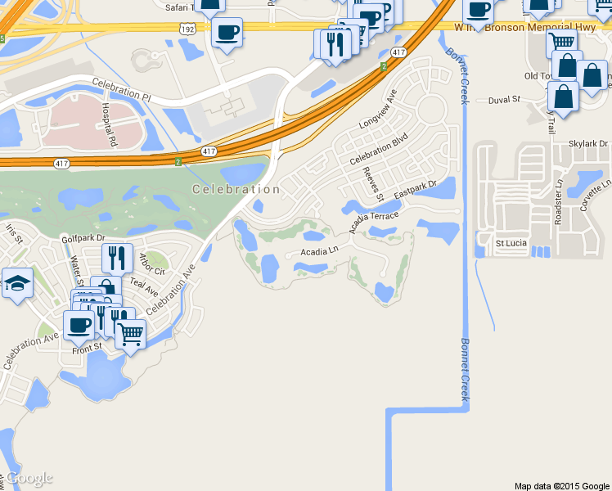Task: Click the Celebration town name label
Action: [x=236, y=189]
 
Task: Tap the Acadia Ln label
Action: [x=319, y=252]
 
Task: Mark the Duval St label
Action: [x=504, y=100]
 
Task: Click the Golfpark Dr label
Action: [x=83, y=238]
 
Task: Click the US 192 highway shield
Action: [x=187, y=28]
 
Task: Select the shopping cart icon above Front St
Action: [x=130, y=333]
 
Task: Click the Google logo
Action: [x=29, y=478]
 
